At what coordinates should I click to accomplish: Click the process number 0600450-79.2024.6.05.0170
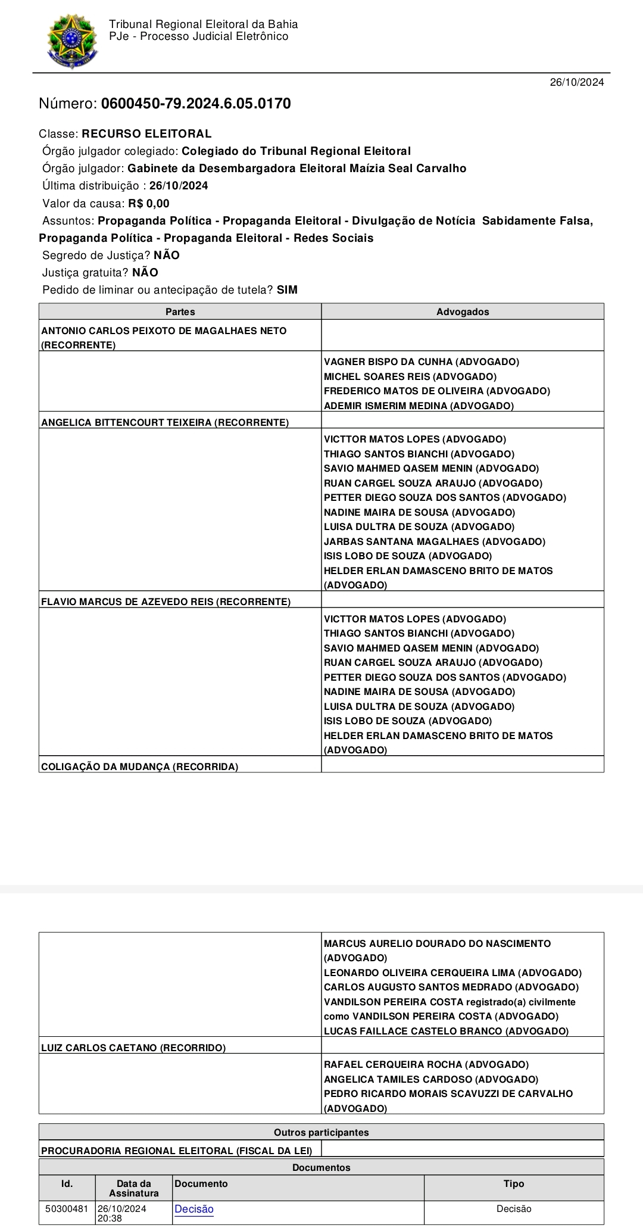pos(196,104)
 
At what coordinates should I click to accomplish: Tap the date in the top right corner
pos(576,82)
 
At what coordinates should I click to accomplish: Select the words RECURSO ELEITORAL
pos(146,134)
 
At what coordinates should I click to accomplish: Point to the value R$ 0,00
pos(149,203)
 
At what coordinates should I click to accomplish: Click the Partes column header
pos(180,311)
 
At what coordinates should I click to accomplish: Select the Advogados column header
pos(463,311)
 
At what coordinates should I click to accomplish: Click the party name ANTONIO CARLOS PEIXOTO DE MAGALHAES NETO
pos(164,331)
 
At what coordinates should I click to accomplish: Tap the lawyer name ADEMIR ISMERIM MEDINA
pos(419,406)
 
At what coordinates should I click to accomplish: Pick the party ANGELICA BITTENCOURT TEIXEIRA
pos(165,422)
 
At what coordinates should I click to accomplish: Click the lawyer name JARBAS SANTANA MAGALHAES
pos(435,541)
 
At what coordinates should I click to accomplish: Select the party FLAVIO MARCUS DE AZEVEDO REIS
pos(166,602)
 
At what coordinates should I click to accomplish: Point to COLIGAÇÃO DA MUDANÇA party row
pos(139,766)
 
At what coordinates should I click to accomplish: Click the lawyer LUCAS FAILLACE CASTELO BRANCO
pos(446,1031)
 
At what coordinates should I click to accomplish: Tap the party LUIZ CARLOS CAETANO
pos(133,1048)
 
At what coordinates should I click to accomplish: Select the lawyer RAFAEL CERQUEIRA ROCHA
pos(426,1064)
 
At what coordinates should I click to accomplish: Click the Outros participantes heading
pos(321,1132)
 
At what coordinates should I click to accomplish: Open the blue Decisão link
pos(194,1208)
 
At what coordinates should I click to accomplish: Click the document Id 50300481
pos(67,1208)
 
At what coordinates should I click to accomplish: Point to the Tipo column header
pos(513,1183)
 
